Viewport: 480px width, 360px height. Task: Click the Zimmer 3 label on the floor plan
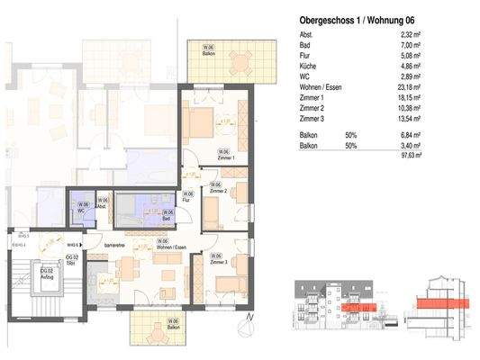(218, 260)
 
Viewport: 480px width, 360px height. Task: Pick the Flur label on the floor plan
(187, 201)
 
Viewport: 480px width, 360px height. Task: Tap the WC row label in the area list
(305, 76)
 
